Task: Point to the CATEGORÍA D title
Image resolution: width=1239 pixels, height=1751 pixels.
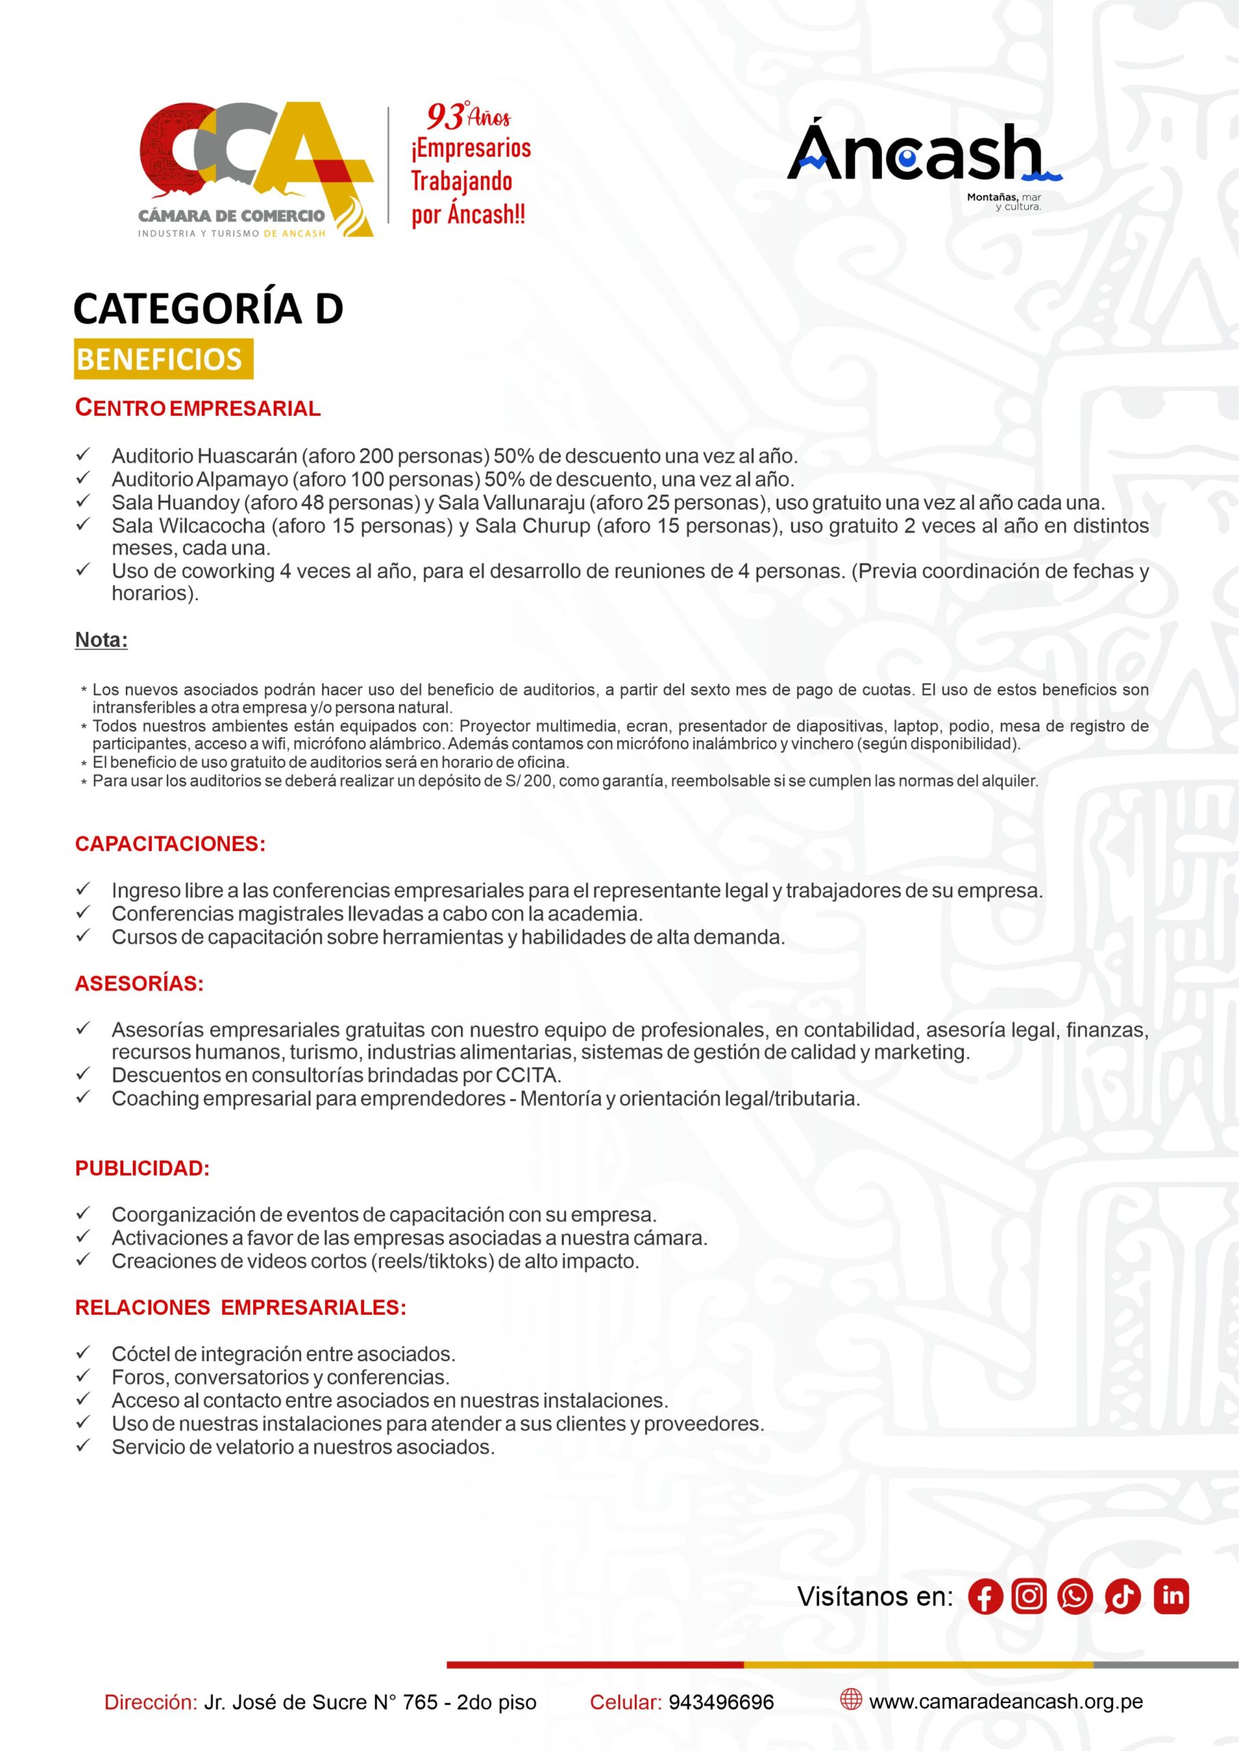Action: (x=208, y=308)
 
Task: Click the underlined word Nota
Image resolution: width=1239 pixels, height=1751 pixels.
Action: (x=101, y=640)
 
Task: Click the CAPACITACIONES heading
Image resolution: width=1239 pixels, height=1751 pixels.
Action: (x=170, y=844)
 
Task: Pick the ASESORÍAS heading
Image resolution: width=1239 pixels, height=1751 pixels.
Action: (x=139, y=984)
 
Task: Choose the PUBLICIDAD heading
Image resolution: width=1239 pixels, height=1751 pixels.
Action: (x=142, y=1168)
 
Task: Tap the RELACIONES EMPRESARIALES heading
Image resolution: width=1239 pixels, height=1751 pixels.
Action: (x=240, y=1308)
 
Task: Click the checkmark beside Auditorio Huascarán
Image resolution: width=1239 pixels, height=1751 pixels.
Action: (x=83, y=456)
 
